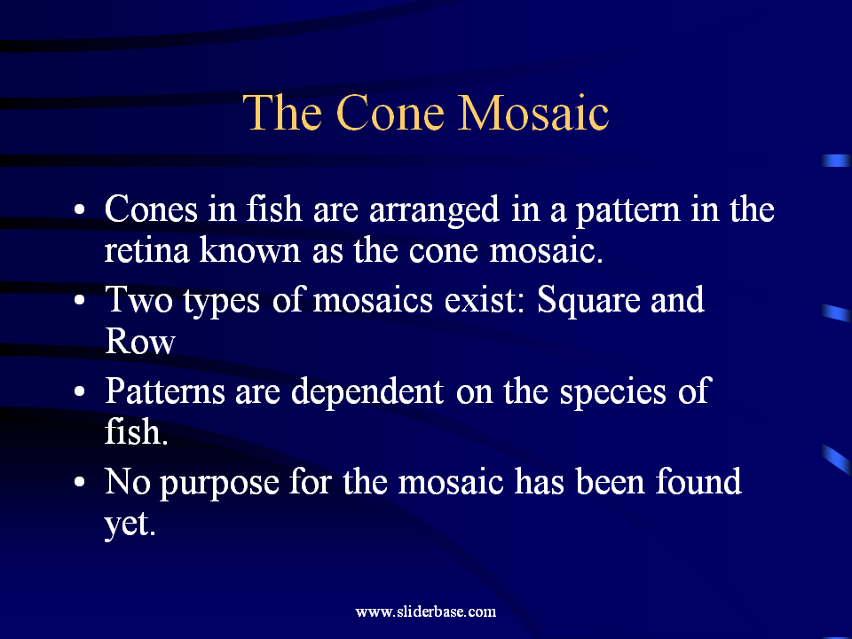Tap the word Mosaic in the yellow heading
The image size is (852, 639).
(533, 113)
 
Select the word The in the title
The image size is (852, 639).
(282, 113)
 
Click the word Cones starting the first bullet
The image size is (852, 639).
(151, 209)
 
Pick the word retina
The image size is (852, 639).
(146, 249)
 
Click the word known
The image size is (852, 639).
(250, 249)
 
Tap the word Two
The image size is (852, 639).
(138, 299)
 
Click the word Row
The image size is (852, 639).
(139, 341)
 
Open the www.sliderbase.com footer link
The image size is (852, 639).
(426, 611)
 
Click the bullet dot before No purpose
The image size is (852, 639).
(80, 482)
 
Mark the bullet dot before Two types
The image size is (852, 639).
(80, 301)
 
